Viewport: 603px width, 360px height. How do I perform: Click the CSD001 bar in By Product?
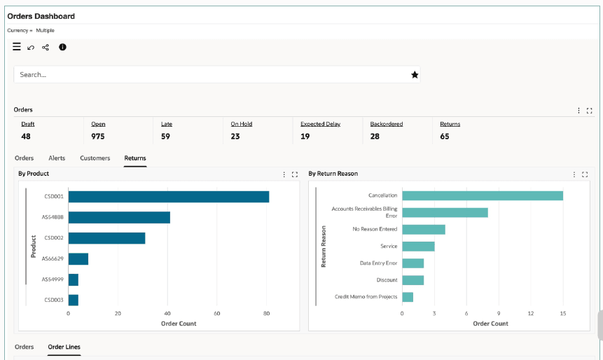click(169, 197)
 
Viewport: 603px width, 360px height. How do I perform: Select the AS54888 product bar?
click(119, 217)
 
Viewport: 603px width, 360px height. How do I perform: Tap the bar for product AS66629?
click(78, 259)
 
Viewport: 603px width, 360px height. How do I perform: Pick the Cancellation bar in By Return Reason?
click(483, 196)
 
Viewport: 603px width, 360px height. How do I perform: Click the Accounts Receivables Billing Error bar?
click(445, 213)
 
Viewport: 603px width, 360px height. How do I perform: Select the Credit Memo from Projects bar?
click(408, 297)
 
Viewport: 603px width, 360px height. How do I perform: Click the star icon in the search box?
click(415, 75)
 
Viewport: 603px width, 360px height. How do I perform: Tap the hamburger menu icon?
click(17, 47)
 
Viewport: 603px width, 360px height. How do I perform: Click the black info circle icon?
click(62, 47)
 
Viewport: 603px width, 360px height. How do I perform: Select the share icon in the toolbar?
click(46, 48)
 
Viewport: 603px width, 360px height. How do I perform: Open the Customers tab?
click(95, 158)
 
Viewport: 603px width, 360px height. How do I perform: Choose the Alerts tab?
click(57, 158)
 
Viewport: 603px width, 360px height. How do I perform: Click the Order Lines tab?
click(64, 347)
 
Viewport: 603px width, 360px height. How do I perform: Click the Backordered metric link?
click(387, 124)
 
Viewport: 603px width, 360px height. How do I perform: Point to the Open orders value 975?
click(97, 137)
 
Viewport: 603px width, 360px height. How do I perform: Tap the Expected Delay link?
click(320, 124)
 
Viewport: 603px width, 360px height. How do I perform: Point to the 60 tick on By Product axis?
click(217, 314)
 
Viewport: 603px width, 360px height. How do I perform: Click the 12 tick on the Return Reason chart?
click(531, 314)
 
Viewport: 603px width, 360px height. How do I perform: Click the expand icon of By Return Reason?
click(585, 174)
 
